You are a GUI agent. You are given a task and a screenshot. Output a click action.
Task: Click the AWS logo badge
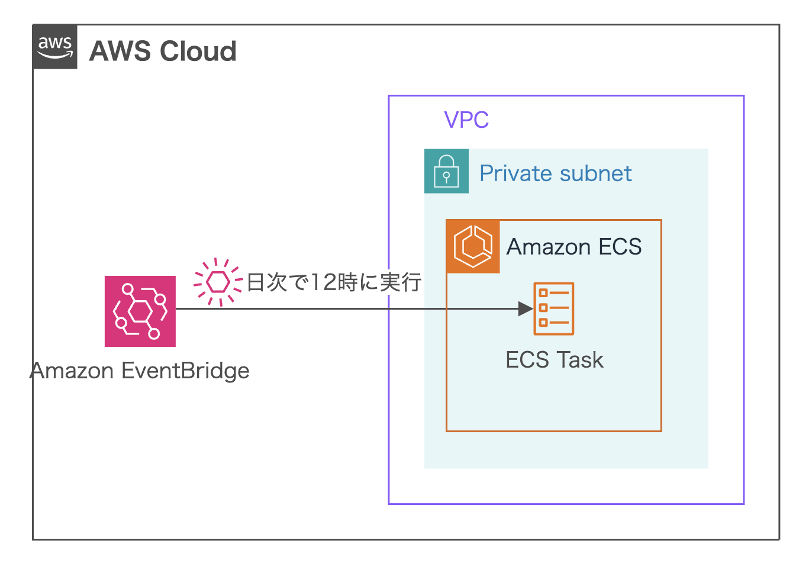[55, 47]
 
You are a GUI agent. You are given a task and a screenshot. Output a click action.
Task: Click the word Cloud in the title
[198, 52]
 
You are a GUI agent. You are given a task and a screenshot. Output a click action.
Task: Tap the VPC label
[466, 120]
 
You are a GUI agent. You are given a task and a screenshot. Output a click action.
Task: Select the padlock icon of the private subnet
[446, 171]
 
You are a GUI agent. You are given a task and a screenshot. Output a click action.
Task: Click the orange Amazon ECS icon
[473, 246]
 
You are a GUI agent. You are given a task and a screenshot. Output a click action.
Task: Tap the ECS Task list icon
[554, 308]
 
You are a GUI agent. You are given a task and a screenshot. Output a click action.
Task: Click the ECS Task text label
[555, 360]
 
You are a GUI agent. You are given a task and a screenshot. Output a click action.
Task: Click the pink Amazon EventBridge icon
[140, 311]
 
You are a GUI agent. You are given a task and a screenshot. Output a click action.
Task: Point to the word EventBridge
[185, 371]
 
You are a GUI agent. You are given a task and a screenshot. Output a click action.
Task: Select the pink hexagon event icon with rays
[218, 282]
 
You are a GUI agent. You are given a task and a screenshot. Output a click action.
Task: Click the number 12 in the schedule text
[324, 282]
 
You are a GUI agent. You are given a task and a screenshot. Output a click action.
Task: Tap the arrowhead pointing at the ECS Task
[525, 308]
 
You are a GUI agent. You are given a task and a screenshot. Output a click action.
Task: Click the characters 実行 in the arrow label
[401, 282]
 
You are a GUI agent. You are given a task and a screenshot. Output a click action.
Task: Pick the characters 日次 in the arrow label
[266, 282]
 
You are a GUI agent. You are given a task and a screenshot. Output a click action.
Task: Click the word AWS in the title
[120, 52]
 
